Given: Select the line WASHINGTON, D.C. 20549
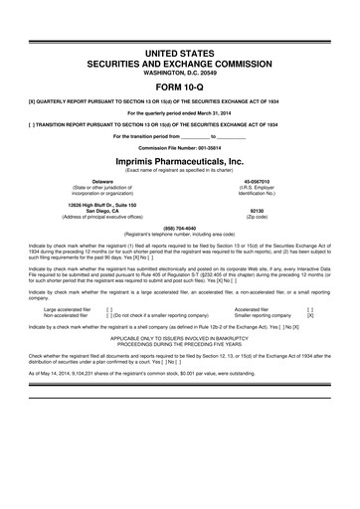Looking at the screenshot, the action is pos(179,69).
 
